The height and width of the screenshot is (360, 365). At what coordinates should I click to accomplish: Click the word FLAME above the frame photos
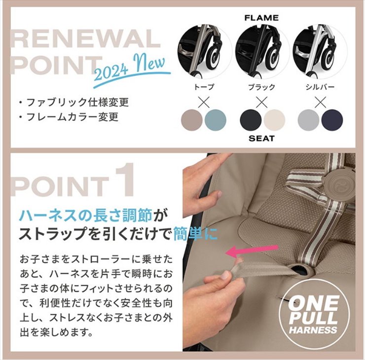[261, 18]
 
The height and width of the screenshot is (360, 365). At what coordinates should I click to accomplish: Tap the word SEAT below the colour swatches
[261, 139]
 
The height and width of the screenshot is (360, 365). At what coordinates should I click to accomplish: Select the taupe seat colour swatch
[192, 120]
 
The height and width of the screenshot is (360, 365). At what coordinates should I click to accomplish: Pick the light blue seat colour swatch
[216, 120]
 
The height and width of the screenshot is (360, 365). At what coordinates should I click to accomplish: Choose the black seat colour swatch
[251, 120]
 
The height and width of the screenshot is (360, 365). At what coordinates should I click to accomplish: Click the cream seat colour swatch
[274, 120]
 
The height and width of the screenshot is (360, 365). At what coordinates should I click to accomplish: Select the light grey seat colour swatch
[308, 120]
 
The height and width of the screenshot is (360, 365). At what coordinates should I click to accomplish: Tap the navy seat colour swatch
[332, 120]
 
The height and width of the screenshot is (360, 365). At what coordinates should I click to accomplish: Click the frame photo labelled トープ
[204, 52]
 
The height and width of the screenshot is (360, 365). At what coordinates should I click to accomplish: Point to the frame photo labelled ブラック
[262, 52]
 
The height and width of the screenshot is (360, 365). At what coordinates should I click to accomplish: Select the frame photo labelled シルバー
[320, 52]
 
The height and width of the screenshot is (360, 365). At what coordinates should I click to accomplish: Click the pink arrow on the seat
[252, 252]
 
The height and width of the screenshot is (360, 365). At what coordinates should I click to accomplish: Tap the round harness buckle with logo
[336, 182]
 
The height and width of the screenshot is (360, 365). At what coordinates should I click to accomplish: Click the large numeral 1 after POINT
[125, 180]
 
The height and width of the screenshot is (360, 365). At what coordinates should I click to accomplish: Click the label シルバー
[320, 87]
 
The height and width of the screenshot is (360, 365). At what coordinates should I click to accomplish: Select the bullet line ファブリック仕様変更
[74, 103]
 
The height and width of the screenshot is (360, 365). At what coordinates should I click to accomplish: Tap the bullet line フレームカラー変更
[69, 117]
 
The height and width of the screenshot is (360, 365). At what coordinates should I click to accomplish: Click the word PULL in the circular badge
[313, 318]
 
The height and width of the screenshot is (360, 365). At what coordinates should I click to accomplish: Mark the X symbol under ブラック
[261, 102]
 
